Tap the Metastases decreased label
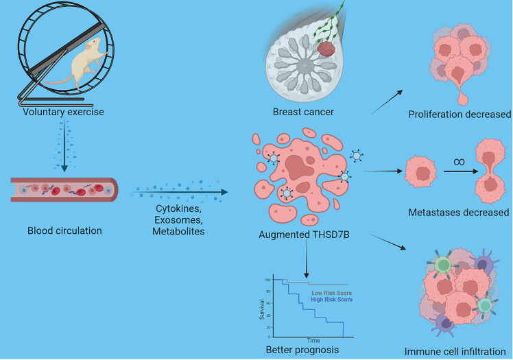(x=459, y=213)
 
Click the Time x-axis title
(x=313, y=339)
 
